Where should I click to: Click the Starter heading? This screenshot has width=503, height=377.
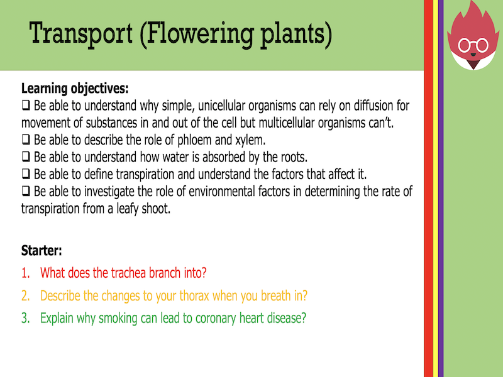click(x=41, y=251)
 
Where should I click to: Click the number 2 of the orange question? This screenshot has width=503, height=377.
click(x=25, y=295)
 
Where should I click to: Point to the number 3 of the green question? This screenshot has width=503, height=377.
click(x=25, y=318)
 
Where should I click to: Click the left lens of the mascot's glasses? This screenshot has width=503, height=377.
click(x=467, y=46)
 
